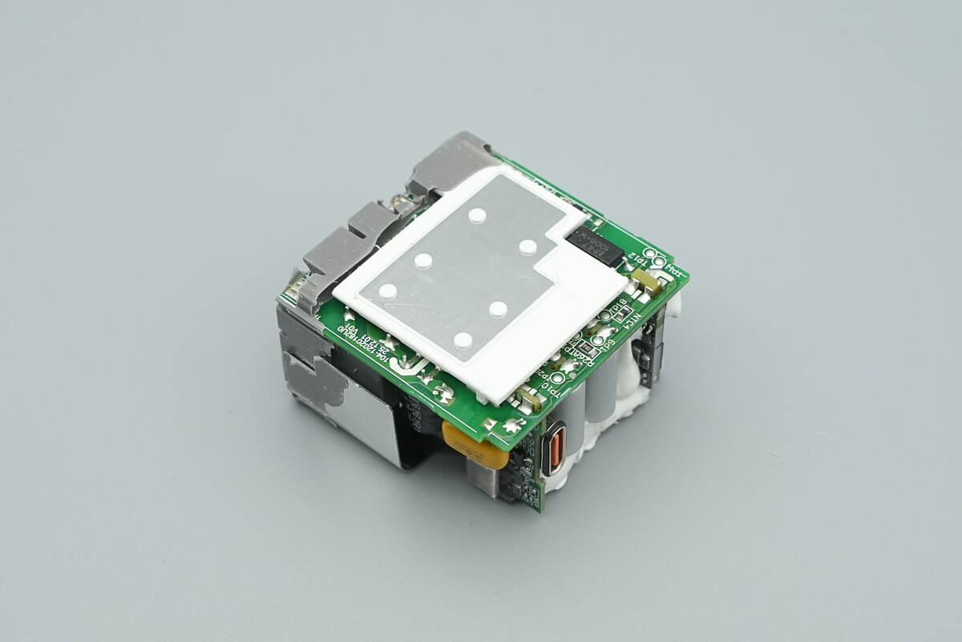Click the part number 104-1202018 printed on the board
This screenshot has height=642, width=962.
point(366,346)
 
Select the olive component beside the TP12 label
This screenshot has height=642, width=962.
point(646,281)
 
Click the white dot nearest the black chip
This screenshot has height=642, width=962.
point(527,246)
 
